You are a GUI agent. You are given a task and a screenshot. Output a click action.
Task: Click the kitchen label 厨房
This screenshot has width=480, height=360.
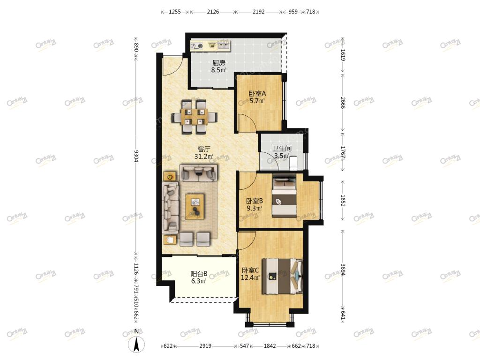pyautogui.click(x=218, y=63)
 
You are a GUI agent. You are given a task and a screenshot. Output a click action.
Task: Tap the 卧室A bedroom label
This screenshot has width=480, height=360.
pyautogui.click(x=257, y=93)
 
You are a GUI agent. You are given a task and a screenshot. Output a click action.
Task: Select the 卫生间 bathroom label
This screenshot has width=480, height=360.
pyautogui.click(x=282, y=149)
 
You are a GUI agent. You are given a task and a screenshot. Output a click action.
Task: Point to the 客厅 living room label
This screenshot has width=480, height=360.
pyautogui.click(x=204, y=149)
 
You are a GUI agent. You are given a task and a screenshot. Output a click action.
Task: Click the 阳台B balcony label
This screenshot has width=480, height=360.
pyautogui.click(x=199, y=273)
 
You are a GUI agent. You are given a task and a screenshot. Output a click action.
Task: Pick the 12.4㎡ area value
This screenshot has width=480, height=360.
pyautogui.click(x=250, y=278)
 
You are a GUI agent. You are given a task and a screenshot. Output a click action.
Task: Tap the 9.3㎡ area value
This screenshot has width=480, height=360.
pyautogui.click(x=255, y=209)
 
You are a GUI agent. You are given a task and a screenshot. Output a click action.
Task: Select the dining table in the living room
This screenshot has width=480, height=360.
pyautogui.click(x=195, y=117)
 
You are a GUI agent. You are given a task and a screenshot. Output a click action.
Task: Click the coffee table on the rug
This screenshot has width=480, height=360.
pyautogui.click(x=195, y=207)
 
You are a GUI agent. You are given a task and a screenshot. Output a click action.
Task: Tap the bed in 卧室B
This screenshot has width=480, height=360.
pyautogui.click(x=285, y=196)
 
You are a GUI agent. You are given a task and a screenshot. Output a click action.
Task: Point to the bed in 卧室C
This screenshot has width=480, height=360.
pyautogui.click(x=282, y=277)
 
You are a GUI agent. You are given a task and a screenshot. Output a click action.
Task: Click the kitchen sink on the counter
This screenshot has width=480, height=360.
pyautogui.click(x=224, y=46)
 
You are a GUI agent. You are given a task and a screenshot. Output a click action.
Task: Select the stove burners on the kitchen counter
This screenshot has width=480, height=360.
pyautogui.click(x=196, y=46)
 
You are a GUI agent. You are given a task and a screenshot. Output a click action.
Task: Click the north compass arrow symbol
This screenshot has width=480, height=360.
pyautogui.click(x=136, y=344)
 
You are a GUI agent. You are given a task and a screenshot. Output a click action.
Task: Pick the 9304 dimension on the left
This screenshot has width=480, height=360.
pyautogui.click(x=136, y=156)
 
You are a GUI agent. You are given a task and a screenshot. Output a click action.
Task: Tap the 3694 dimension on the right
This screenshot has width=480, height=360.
pyautogui.click(x=343, y=270)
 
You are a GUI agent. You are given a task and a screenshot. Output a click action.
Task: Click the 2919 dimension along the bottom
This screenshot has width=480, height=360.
pyautogui.click(x=205, y=346)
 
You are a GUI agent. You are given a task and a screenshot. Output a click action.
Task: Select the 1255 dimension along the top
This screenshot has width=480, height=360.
pyautogui.click(x=175, y=12)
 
